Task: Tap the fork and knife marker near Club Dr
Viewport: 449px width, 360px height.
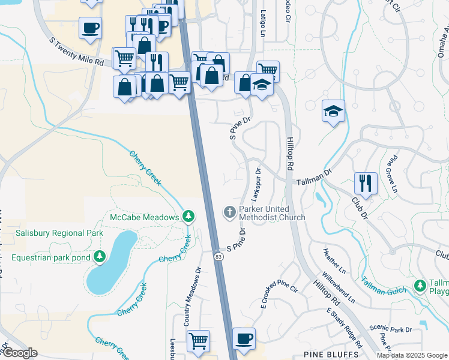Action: pos(366,182)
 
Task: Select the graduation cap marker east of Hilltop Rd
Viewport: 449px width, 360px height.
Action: pos(333,111)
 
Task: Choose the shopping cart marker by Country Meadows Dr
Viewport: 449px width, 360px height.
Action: pos(198,340)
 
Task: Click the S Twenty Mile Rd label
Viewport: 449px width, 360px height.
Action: pos(76,53)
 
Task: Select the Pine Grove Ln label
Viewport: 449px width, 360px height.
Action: pos(391,173)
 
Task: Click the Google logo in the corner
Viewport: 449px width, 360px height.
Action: pos(20,352)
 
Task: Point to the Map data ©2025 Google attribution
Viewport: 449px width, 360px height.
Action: pos(412,355)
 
